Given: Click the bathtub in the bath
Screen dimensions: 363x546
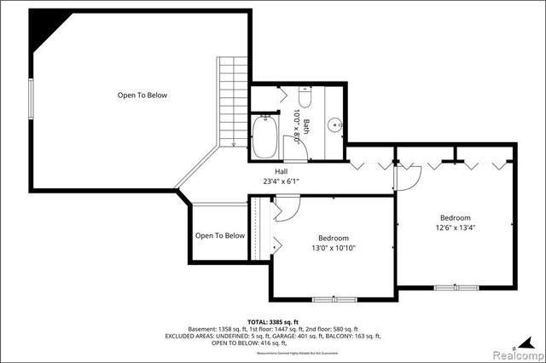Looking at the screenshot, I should [x=265, y=137].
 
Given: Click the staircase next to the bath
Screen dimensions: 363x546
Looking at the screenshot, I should [x=230, y=102].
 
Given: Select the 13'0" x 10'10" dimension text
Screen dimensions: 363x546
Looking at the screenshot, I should [x=334, y=248].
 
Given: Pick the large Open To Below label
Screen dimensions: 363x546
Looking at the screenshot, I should [x=142, y=95].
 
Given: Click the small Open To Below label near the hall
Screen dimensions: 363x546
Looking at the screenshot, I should [x=219, y=236].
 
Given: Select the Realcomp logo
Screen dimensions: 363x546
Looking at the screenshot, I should [x=521, y=352].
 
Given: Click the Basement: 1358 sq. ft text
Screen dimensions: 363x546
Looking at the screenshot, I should [x=224, y=329].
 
